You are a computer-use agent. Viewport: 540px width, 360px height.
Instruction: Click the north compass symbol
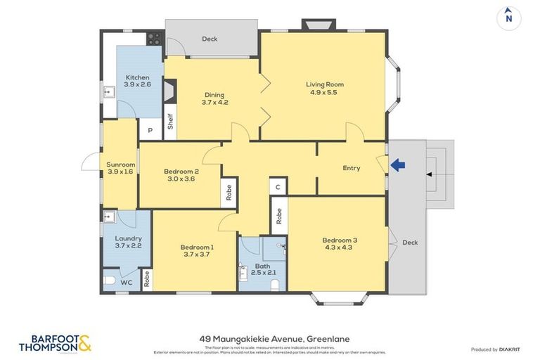pyautogui.click(x=508, y=18)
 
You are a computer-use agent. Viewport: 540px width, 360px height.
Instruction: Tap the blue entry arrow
pyautogui.click(x=398, y=165)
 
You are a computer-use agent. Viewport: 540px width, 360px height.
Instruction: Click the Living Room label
pyautogui.click(x=325, y=88)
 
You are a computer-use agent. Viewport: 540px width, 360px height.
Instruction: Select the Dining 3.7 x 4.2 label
pyautogui.click(x=214, y=98)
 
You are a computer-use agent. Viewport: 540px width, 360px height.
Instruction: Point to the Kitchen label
pyautogui.click(x=137, y=81)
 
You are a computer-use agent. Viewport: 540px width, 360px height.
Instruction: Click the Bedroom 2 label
pyautogui.click(x=181, y=174)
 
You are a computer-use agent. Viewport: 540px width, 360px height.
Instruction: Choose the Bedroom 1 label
pyautogui.click(x=197, y=250)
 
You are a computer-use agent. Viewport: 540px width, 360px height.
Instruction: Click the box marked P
pyautogui.click(x=149, y=130)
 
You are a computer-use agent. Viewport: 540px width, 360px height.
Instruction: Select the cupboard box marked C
pyautogui.click(x=278, y=187)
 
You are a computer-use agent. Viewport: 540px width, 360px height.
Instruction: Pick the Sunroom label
pyautogui.click(x=120, y=168)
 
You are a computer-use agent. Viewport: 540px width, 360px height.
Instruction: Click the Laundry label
pyautogui.click(x=128, y=241)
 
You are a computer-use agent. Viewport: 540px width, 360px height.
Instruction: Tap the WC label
pyautogui.click(x=127, y=283)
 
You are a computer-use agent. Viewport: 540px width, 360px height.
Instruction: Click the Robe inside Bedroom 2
pyautogui.click(x=229, y=192)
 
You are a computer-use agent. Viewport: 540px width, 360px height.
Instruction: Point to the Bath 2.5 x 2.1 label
pyautogui.click(x=262, y=269)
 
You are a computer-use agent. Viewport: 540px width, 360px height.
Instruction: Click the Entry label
pyautogui.click(x=351, y=168)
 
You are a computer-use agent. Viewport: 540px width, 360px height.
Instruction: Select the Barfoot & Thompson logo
pyautogui.click(x=54, y=343)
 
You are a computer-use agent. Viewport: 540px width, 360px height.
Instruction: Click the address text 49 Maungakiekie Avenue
pyautogui.click(x=269, y=338)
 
